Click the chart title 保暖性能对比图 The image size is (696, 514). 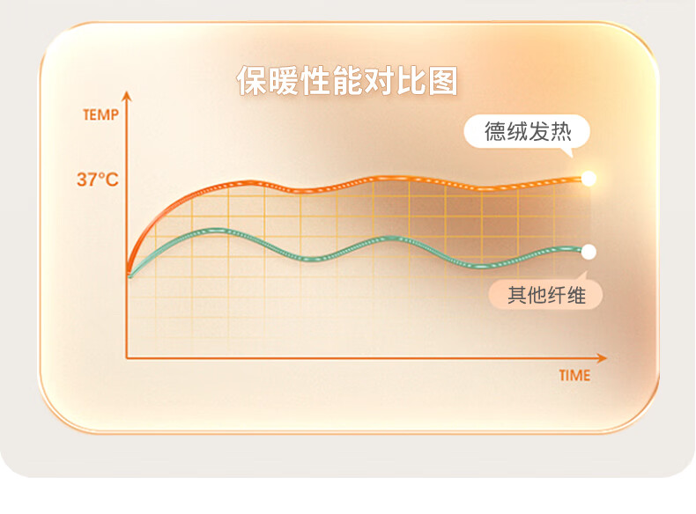point(347,81)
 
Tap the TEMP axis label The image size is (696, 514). point(100,115)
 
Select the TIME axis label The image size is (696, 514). point(574,376)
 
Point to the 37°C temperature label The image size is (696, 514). point(98,180)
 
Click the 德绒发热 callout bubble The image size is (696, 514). point(527,132)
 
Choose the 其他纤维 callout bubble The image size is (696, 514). point(545,294)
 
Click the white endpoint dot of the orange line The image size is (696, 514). point(589,179)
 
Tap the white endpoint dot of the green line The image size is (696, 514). point(589,252)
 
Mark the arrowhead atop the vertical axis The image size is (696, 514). point(127,96)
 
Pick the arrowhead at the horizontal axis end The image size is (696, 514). point(602,358)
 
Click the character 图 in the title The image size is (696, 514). point(442,81)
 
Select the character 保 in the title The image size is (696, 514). point(252,81)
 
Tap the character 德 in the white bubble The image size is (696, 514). point(495,132)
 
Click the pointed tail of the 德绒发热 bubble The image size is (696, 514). point(571,156)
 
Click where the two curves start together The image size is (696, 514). point(130,275)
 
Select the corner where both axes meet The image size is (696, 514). point(127,357)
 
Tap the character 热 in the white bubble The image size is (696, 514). point(561,132)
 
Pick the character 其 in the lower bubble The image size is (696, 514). point(517,295)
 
